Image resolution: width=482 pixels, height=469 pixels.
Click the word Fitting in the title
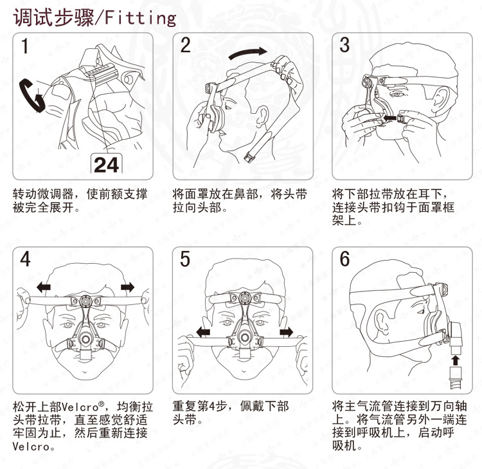coord(141,18)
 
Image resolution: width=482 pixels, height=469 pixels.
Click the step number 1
coord(25,46)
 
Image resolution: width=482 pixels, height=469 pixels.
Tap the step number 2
coord(185,45)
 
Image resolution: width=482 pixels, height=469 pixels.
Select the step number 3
coord(344,45)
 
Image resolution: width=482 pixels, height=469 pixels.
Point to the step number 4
coord(25,259)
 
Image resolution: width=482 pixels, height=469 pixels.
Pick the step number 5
coord(185,259)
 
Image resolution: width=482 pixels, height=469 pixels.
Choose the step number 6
coord(344,259)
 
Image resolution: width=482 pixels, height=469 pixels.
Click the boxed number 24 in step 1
coord(106,165)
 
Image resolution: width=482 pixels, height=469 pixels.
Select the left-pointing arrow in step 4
coord(44,288)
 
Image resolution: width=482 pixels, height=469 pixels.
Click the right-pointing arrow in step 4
coord(128,288)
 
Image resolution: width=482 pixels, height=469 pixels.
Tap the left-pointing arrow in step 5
coord(203,333)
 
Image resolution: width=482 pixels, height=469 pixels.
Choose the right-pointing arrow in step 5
coord(287,332)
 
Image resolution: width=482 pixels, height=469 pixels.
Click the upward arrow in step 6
coord(455,360)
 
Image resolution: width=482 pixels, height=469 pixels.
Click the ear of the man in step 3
coord(440,97)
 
